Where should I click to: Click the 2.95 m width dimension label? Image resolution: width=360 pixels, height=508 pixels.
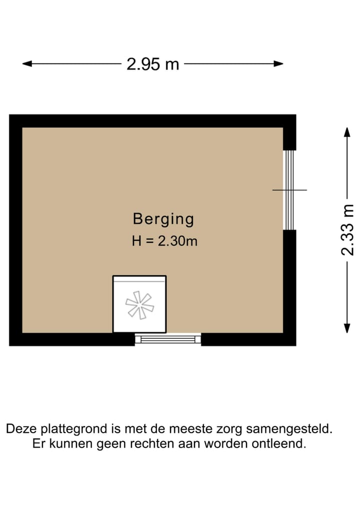[152, 64]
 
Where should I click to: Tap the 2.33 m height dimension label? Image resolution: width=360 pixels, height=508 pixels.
[347, 230]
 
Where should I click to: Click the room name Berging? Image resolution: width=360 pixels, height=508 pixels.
[163, 219]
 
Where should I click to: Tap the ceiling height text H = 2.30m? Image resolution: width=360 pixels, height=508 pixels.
[164, 241]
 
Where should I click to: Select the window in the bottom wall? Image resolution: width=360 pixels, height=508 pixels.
[167, 339]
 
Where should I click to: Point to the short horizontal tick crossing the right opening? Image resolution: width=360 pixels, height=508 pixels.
[289, 190]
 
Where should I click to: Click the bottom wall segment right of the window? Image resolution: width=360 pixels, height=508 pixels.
[248, 340]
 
